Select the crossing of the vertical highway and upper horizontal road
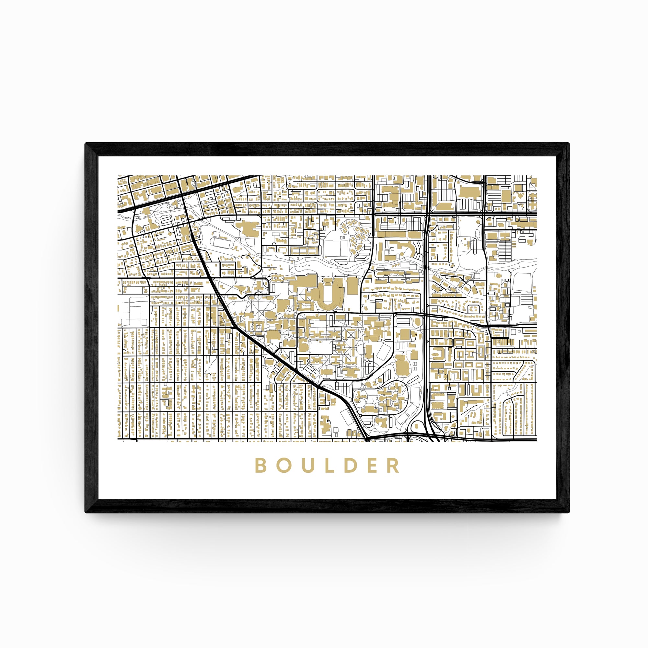[429, 213]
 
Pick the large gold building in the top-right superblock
[469, 193]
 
